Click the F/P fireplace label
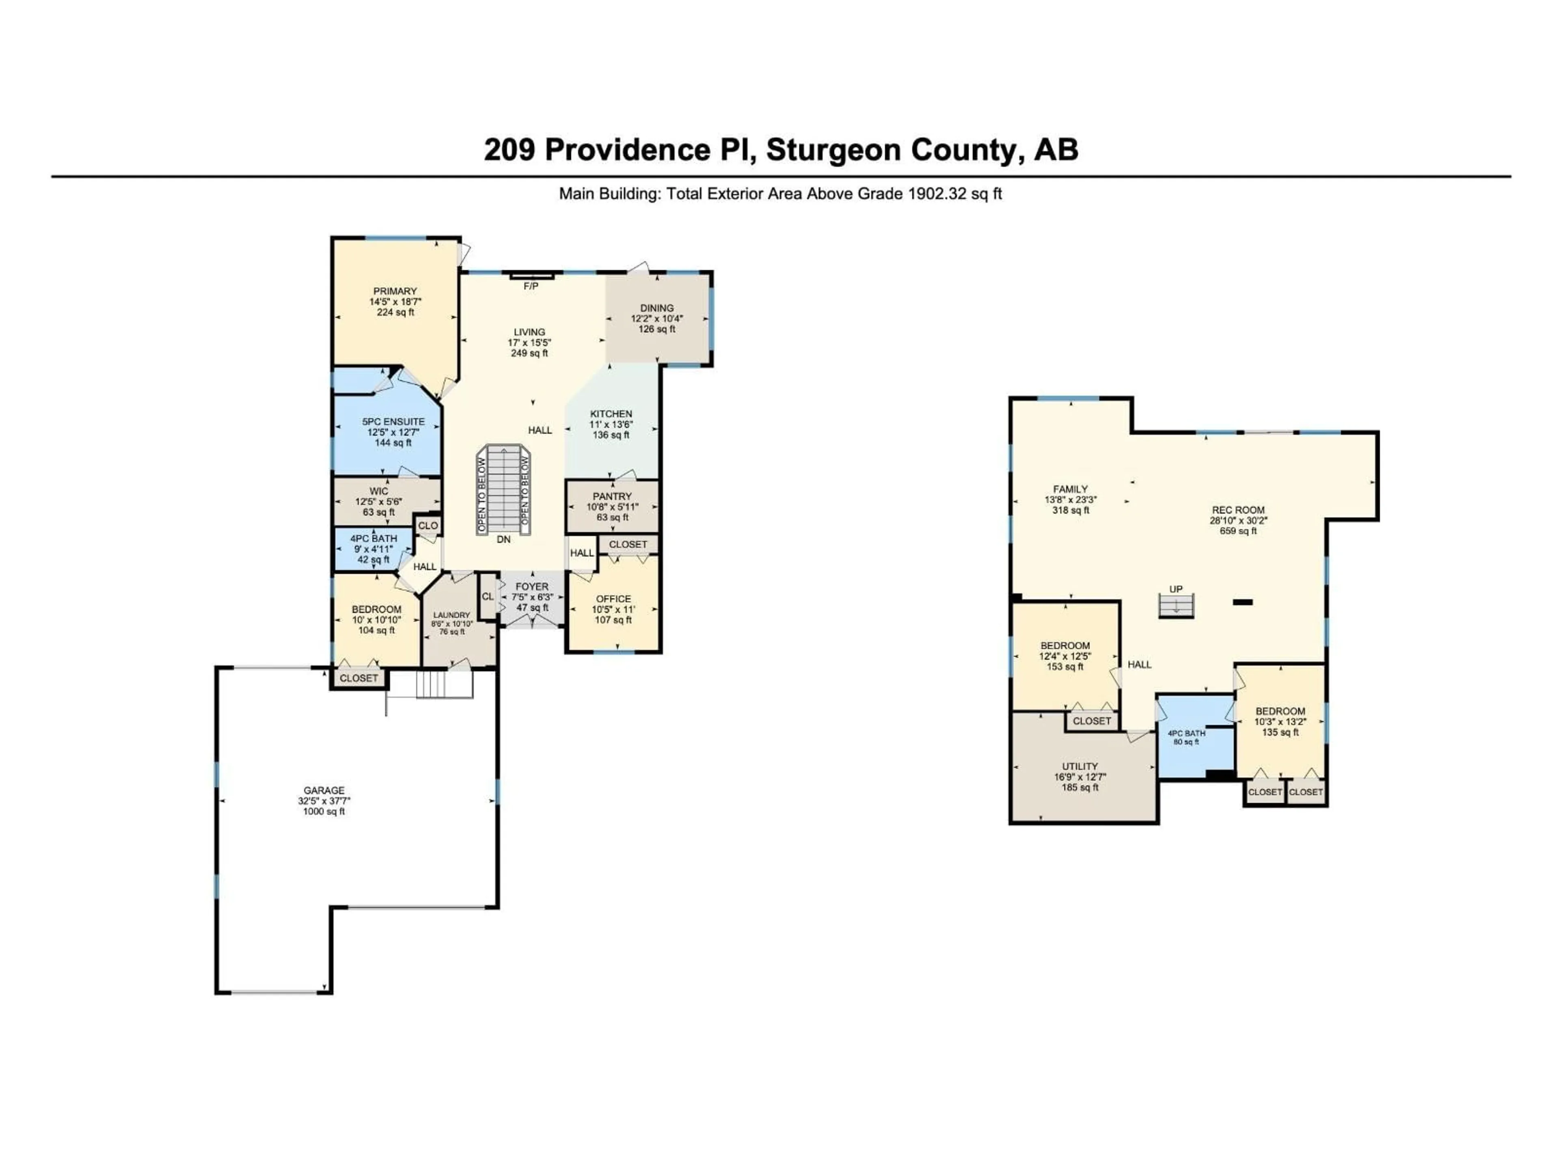tap(531, 286)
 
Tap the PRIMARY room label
tap(395, 291)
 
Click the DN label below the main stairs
tap(503, 539)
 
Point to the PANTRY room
tap(612, 506)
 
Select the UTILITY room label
tap(1080, 767)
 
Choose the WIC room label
tap(378, 491)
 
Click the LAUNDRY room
tap(452, 623)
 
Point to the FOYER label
tap(531, 586)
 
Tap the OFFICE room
tap(613, 609)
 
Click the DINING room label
tap(656, 308)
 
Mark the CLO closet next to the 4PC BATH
tap(428, 526)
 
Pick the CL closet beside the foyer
tap(488, 596)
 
